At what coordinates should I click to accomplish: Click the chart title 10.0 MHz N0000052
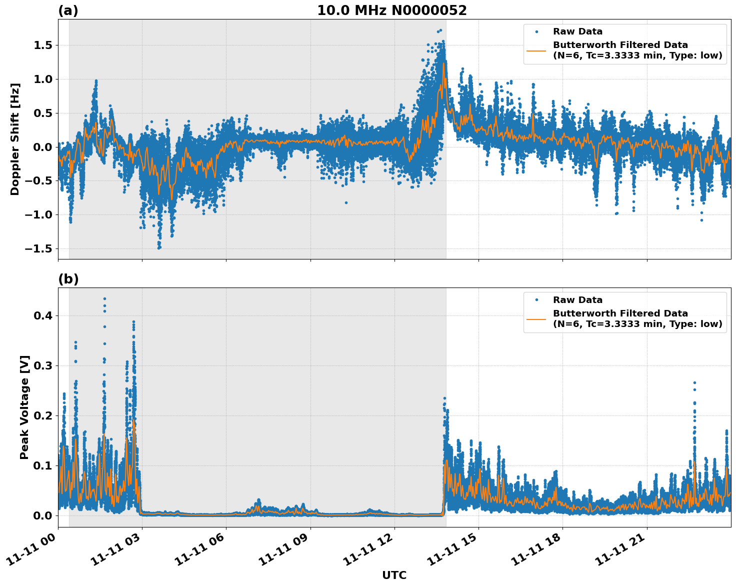(x=391, y=10)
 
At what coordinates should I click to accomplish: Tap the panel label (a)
(x=68, y=10)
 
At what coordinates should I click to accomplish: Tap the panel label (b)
(x=68, y=279)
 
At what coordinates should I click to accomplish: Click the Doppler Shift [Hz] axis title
(x=15, y=139)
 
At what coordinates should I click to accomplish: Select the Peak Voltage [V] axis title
(x=24, y=407)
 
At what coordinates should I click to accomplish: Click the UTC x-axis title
(x=394, y=575)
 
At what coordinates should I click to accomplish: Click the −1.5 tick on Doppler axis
(x=41, y=248)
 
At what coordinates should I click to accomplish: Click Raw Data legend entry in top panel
(x=577, y=31)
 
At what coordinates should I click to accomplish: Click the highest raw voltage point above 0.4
(x=104, y=299)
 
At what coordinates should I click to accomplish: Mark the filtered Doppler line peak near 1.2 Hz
(x=443, y=63)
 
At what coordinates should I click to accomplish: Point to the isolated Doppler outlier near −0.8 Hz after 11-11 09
(x=346, y=202)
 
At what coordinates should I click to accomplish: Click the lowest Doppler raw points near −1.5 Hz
(x=159, y=247)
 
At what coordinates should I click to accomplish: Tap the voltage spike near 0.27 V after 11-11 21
(x=694, y=383)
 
